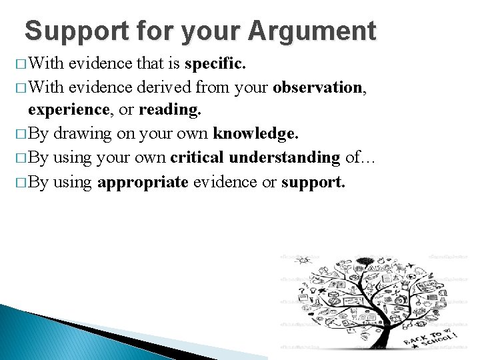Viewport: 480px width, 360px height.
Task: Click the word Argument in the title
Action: pos(312,31)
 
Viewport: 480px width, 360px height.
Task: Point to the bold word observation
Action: pos(317,88)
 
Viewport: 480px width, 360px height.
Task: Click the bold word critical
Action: pos(197,157)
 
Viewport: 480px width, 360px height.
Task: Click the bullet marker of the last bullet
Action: pos(19,181)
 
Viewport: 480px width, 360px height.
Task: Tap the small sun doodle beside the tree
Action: pos(304,260)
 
